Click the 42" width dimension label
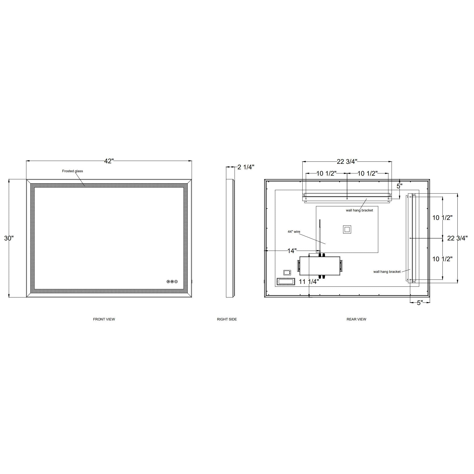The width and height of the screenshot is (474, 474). pos(109,161)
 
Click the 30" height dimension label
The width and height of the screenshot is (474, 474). pos(9,238)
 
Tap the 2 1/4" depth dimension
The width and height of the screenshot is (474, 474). pos(246,167)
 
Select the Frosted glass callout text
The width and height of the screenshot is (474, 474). pos(72,171)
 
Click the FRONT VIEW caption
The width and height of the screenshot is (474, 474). pos(104,319)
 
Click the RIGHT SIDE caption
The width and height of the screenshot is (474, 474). pos(227,319)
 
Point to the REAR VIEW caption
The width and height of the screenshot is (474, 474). pos(356,319)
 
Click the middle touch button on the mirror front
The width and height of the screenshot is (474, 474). pos(172,282)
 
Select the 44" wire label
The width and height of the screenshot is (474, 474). pos(294,232)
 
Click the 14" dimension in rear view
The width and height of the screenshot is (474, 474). pos(292,251)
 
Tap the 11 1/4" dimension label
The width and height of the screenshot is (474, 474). pos(309,282)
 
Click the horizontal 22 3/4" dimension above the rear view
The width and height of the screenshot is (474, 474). pos(347,161)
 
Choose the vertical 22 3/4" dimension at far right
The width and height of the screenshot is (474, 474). pos(457,238)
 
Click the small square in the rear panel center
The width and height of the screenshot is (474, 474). pos(347,229)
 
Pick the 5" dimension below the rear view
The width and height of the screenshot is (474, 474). pos(419,303)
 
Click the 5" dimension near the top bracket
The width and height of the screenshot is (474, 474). pos(399,186)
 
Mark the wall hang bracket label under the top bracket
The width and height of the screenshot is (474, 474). pos(359,210)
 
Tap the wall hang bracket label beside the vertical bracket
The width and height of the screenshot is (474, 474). pos(387,272)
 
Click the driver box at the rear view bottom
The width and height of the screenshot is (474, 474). pos(320,266)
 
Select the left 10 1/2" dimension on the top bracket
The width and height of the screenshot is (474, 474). pos(326,174)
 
